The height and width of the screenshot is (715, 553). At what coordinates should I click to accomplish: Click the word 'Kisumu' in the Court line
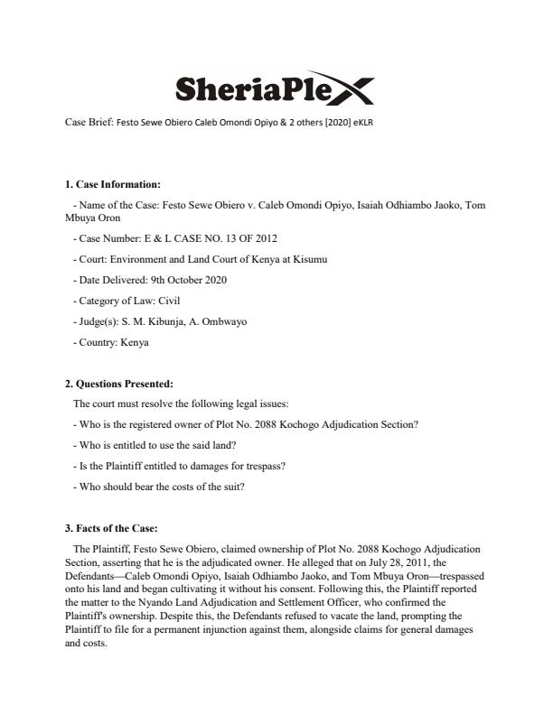pyautogui.click(x=305, y=259)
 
